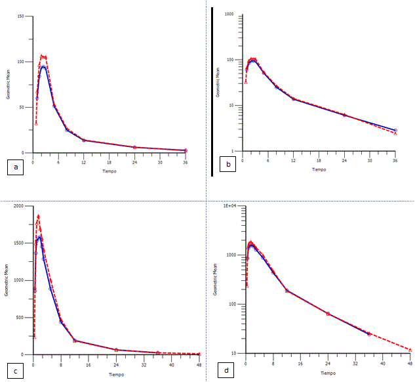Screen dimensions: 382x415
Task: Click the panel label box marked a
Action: point(15,168)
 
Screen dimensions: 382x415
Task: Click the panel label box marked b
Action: point(227,165)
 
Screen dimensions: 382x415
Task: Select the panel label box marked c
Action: point(16,370)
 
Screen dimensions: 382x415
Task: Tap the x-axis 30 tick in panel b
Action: point(370,160)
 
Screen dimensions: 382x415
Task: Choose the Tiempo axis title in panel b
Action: point(319,169)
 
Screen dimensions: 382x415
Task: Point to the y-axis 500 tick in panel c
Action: point(23,317)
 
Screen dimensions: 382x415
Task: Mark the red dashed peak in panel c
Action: point(38,216)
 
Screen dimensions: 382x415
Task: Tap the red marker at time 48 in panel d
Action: point(410,350)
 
